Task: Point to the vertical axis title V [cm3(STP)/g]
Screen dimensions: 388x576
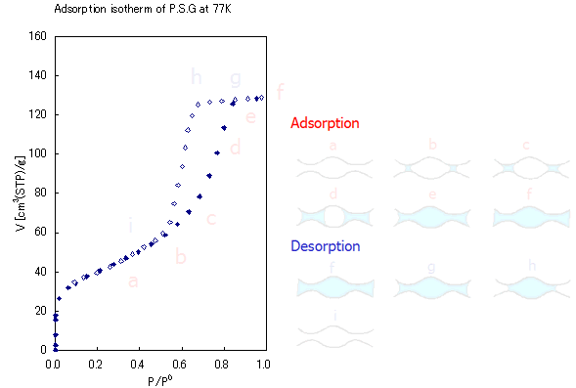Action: [x=21, y=194]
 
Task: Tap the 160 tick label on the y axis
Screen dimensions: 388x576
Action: [x=38, y=36]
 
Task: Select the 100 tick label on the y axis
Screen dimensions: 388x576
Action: [x=38, y=153]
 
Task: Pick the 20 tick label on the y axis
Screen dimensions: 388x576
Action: [x=41, y=311]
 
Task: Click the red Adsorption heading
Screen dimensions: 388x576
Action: [x=325, y=123]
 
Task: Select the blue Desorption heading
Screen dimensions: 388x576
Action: [x=326, y=246]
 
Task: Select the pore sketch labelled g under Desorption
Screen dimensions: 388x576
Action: [x=431, y=285]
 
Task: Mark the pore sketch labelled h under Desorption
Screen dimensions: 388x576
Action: [x=529, y=285]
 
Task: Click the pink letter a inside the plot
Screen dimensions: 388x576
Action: [x=134, y=281]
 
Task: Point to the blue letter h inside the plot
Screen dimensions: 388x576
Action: [x=197, y=77]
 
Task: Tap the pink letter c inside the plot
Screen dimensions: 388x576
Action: [x=210, y=219]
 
